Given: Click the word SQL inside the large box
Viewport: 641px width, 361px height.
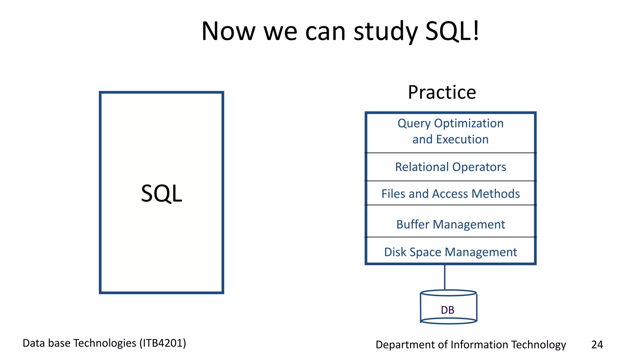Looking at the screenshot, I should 162,193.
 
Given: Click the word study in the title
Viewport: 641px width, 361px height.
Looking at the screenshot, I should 386,31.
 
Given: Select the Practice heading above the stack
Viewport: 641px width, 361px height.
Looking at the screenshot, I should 442,92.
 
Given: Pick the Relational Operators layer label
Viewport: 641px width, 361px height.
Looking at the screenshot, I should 450,167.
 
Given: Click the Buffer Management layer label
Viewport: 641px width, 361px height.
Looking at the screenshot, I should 450,224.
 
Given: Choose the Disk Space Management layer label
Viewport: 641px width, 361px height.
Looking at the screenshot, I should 450,252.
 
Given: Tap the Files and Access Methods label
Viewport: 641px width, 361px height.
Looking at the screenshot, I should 450,194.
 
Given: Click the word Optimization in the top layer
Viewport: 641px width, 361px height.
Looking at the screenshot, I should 469,123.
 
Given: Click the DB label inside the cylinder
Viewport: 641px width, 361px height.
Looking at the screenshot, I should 448,310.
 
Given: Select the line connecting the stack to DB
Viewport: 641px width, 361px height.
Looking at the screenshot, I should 445,277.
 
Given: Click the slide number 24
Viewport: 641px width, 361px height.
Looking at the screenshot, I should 597,344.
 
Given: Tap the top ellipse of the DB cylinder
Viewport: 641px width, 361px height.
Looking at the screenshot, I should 449,293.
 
